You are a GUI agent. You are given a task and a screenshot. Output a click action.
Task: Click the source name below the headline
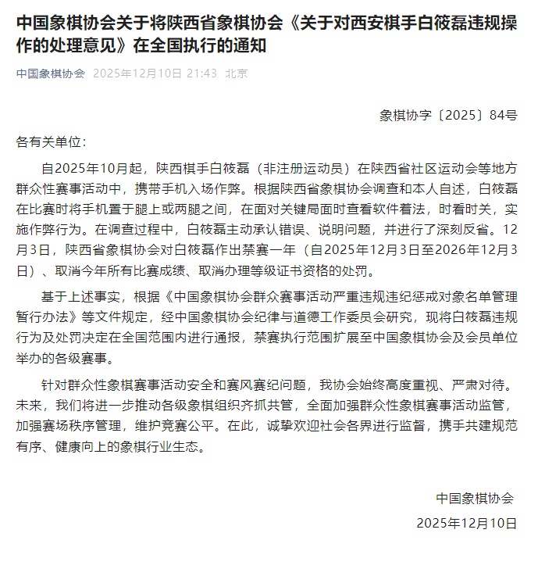51,74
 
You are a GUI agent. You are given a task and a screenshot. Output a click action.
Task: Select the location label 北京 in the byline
237,74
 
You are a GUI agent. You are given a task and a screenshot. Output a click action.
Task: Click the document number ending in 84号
448,116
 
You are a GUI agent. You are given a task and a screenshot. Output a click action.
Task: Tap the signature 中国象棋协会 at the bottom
475,499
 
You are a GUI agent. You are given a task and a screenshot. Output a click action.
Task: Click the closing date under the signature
466,522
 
